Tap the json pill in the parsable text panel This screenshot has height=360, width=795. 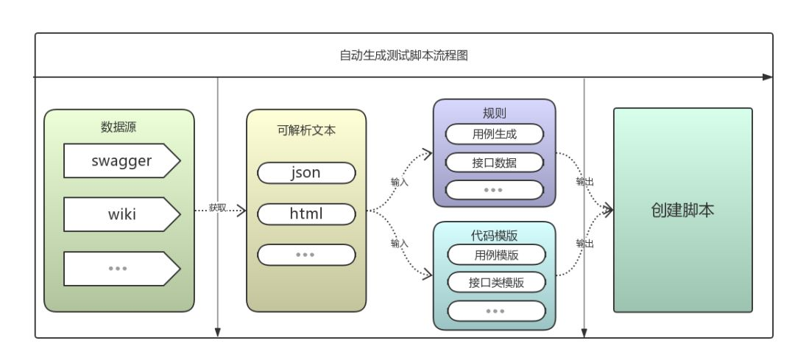point(305,173)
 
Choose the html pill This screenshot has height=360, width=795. point(305,214)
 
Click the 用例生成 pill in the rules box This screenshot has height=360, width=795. point(494,134)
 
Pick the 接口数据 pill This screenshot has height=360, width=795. point(494,163)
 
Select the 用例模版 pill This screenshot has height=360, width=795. point(496,255)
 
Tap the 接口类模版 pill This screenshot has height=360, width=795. point(496,282)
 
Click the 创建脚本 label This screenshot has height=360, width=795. point(682,210)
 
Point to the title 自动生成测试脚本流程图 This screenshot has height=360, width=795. point(403,55)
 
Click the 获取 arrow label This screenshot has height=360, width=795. point(217,208)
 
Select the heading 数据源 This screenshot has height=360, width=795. point(119,127)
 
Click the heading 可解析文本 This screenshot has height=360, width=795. point(305,130)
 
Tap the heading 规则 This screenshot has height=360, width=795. point(494,113)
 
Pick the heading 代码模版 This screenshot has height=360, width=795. point(494,235)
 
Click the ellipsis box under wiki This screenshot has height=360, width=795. point(120,269)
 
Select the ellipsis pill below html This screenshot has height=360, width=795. point(305,255)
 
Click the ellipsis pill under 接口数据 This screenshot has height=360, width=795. point(494,189)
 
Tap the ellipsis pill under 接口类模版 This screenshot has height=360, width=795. point(496,311)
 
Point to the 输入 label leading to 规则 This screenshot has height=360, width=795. point(399,181)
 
